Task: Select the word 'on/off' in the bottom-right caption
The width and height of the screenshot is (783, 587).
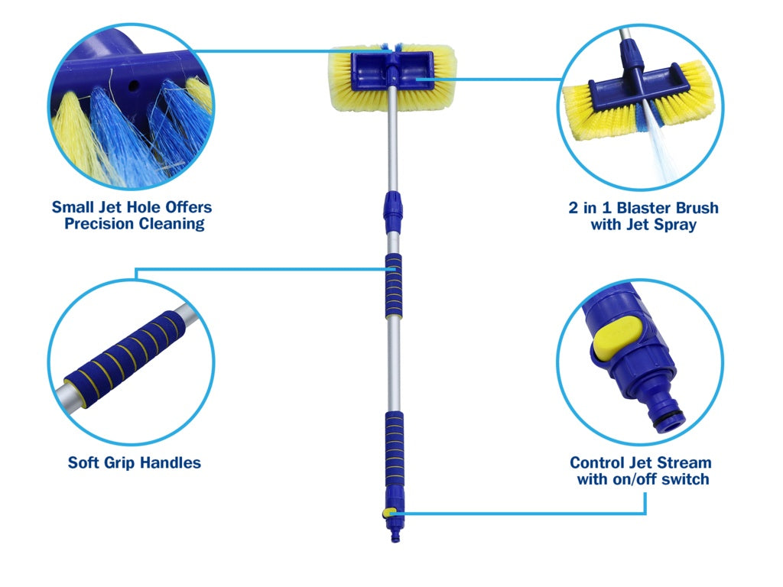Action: [x=640, y=479]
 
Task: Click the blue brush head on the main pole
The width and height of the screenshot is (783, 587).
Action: [x=392, y=77]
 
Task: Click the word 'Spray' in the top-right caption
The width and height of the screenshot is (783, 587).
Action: [x=674, y=225]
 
